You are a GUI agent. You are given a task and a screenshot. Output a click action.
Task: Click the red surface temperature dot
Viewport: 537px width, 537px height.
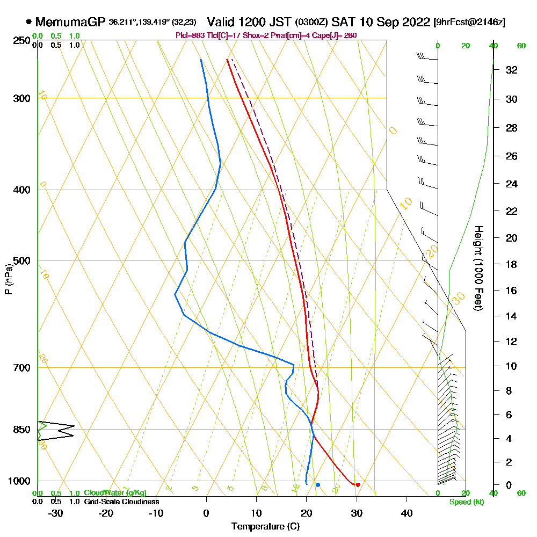point(358,485)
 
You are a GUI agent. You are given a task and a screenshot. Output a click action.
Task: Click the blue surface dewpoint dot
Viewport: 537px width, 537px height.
point(318,485)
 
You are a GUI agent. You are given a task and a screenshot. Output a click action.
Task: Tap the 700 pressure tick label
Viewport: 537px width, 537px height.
point(23,368)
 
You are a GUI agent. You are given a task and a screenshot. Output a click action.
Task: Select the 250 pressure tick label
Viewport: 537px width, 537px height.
point(23,40)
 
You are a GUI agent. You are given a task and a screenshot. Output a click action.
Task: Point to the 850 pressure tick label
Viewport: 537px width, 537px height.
point(23,430)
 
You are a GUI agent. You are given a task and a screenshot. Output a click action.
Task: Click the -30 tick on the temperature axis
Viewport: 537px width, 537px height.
point(56,513)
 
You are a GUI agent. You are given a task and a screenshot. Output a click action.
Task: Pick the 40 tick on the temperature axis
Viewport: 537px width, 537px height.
point(407,513)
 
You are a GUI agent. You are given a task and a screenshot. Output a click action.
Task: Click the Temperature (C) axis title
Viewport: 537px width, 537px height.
point(265,527)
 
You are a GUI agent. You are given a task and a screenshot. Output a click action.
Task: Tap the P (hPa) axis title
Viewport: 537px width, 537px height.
point(8,279)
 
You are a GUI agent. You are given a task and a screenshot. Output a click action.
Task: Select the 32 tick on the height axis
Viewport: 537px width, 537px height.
point(512,70)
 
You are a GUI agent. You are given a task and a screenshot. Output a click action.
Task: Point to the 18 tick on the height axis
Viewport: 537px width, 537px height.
point(512,264)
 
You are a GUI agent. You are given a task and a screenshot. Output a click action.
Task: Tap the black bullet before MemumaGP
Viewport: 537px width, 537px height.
point(28,22)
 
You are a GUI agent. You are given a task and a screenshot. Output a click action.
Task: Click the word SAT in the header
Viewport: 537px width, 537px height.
point(343,22)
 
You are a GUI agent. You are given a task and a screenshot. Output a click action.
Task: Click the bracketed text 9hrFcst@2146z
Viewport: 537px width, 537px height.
point(469,22)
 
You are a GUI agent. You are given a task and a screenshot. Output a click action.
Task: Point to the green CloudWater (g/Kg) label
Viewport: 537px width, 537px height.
point(115,493)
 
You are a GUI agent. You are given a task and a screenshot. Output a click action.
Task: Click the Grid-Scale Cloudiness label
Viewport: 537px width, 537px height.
point(121,502)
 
